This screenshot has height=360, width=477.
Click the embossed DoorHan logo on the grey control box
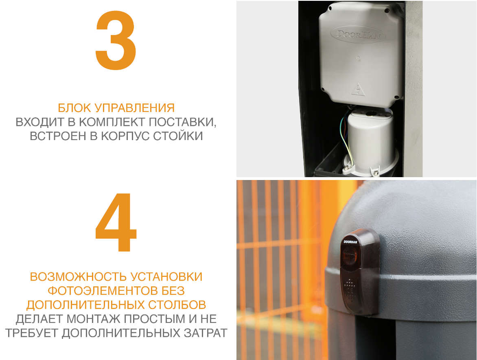[x=358, y=34]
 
